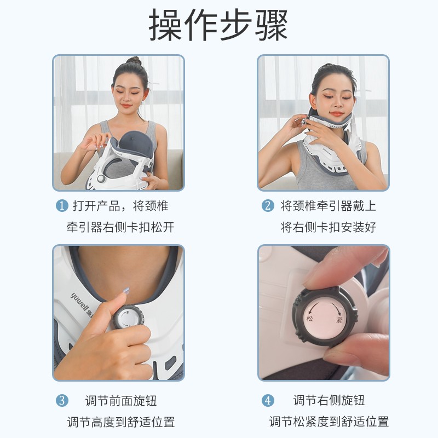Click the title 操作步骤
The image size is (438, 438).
coord(219,26)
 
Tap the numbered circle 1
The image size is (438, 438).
coord(62,206)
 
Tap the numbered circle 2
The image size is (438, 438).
coord(268,206)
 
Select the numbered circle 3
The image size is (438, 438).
coord(62,401)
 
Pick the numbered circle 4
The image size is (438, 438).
coord(268,401)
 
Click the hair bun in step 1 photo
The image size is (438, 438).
coord(133,61)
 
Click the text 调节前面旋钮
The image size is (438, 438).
coord(121,401)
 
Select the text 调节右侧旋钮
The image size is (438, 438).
coord(329,401)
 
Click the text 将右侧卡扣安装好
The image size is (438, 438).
coord(328,227)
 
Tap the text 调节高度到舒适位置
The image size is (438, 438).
coord(121,422)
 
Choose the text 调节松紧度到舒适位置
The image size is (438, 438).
coord(328,422)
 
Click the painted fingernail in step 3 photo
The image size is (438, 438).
coord(125,291)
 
